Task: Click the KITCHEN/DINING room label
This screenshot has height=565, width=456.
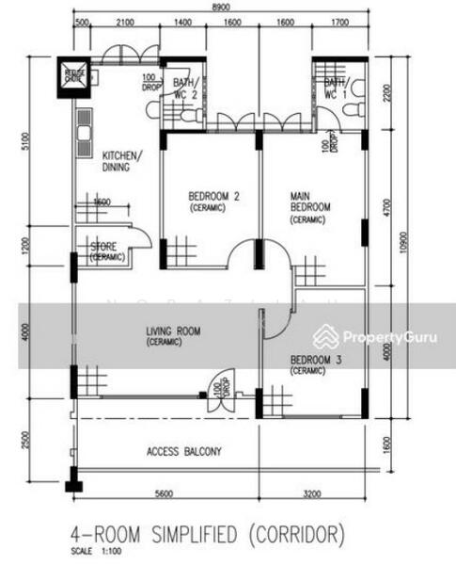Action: [122, 161]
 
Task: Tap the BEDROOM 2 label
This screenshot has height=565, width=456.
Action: [213, 201]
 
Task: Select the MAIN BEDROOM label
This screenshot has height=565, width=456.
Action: [309, 206]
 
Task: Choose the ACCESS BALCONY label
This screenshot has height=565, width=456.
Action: [184, 452]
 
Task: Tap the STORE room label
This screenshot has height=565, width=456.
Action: [107, 251]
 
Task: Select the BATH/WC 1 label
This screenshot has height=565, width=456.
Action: [334, 89]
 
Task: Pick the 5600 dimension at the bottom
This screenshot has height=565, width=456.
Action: [165, 492]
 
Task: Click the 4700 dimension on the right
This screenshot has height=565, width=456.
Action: [385, 206]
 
